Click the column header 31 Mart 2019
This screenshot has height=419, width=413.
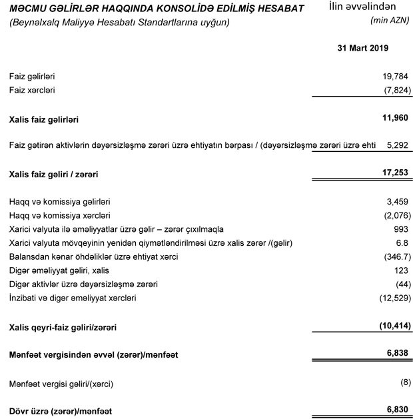click(363, 49)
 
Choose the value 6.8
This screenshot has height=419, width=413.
click(401, 242)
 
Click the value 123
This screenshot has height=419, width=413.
click(400, 270)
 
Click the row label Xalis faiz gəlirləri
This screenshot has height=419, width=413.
click(45, 120)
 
